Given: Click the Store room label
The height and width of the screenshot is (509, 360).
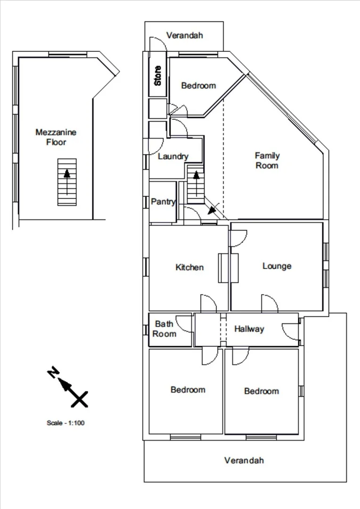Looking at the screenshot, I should [158, 75].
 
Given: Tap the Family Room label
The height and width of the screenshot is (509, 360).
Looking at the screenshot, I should [267, 160].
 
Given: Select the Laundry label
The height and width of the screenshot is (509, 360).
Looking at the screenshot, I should [173, 156].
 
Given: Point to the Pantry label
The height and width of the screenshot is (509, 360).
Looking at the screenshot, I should [163, 202].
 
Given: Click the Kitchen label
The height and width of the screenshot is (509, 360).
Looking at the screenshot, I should [189, 267].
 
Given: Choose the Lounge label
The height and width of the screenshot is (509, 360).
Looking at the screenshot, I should [277, 266].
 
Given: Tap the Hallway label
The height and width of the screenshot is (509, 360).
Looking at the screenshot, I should [249, 329].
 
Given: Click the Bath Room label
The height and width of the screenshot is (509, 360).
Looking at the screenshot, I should [164, 329].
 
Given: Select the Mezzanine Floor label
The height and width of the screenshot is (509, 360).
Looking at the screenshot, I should [56, 137].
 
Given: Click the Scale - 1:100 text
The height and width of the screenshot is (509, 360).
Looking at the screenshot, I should [65, 423].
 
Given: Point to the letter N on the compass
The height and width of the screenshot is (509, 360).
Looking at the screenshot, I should [53, 373].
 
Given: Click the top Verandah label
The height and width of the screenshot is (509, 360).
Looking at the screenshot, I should [184, 35].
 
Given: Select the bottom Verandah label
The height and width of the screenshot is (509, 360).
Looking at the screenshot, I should [244, 460].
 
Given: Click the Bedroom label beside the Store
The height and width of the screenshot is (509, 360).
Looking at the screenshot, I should [198, 85].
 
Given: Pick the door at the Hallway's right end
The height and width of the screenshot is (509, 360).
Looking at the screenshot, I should [292, 330].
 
